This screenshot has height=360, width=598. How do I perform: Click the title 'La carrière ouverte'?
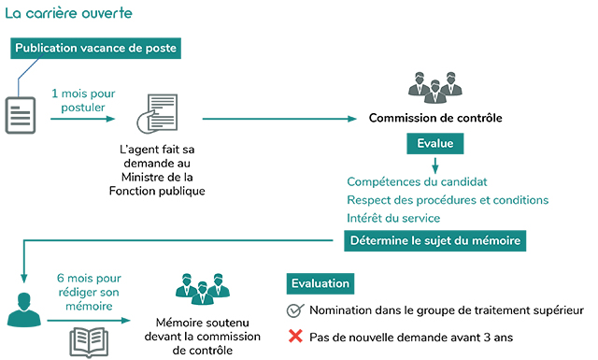(x=68, y=14)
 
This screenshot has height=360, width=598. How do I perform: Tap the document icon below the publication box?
(x=20, y=114)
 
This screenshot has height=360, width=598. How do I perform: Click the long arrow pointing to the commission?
(x=280, y=119)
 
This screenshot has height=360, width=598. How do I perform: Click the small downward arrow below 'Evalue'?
(x=434, y=165)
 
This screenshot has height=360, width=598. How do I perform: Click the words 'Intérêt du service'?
(x=393, y=218)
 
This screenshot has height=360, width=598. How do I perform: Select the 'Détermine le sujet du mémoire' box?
(x=435, y=241)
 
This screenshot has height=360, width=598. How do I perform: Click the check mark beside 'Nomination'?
(x=294, y=310)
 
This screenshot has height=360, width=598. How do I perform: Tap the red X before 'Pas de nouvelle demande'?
(x=294, y=335)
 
